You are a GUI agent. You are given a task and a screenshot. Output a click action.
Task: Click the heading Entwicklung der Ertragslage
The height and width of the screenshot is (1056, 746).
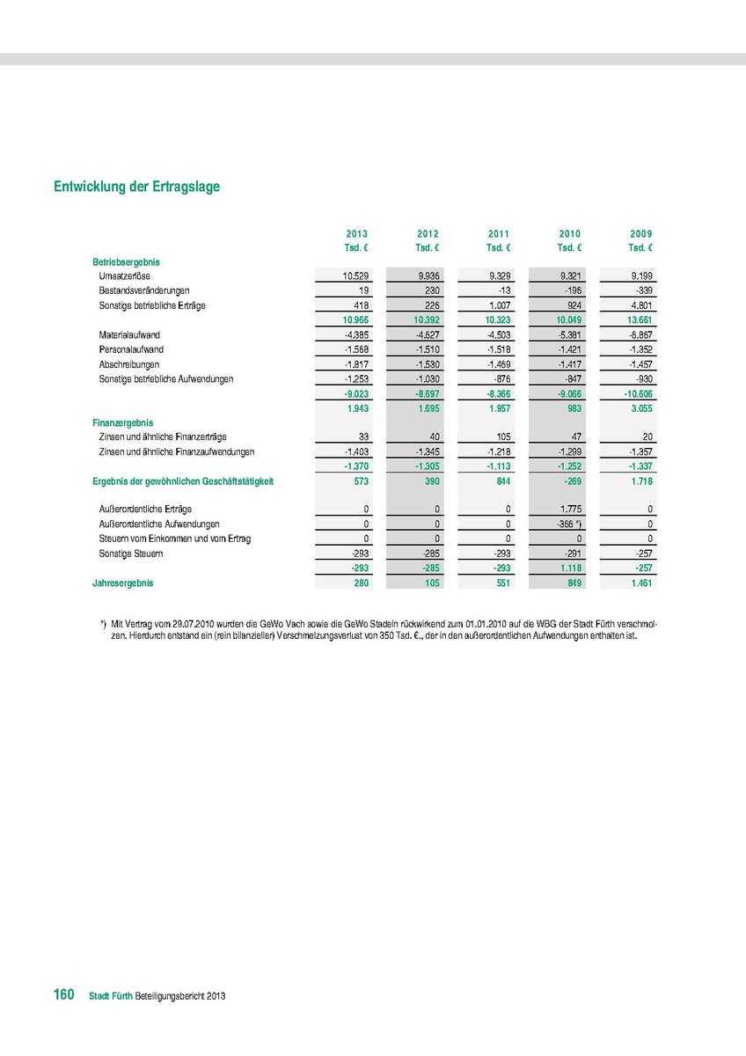(136, 187)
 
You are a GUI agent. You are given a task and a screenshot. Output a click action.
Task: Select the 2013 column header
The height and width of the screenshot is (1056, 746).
(356, 234)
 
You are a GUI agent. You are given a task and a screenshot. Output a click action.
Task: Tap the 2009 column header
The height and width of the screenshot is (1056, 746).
(641, 234)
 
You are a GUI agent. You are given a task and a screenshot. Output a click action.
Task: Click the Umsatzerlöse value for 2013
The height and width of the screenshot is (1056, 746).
(355, 276)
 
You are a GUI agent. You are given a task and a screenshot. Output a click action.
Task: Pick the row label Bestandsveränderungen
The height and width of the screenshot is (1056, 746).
(144, 290)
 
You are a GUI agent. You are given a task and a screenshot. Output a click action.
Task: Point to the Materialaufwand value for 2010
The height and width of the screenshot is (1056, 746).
(567, 335)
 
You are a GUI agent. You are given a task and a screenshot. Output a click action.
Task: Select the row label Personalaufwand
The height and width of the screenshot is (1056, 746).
(131, 349)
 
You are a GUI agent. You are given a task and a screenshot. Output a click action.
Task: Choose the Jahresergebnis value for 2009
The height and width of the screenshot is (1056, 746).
(640, 583)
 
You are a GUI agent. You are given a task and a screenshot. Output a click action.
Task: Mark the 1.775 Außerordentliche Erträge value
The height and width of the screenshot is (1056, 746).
(568, 510)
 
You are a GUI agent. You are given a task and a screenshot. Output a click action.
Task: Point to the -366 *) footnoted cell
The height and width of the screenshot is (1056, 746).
(564, 524)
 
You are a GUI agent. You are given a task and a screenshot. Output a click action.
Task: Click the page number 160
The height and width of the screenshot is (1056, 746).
(63, 995)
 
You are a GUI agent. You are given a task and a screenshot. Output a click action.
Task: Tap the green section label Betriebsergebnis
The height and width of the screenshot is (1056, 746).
(126, 262)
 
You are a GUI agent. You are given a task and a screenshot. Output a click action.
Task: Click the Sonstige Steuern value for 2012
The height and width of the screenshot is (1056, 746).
(428, 554)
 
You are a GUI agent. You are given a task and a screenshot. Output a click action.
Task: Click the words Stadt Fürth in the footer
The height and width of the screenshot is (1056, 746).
(111, 996)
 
